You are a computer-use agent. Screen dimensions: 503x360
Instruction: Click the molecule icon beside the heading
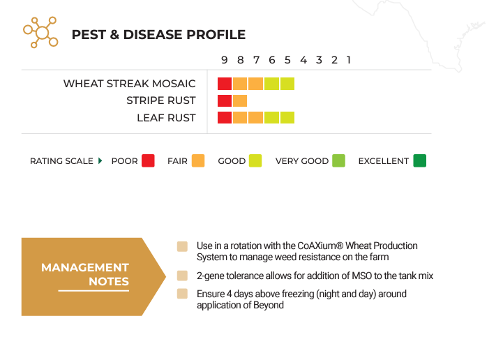(40, 32)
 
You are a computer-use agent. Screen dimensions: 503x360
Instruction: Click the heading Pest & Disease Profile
(158, 35)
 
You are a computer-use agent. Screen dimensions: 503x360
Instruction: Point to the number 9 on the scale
(225, 60)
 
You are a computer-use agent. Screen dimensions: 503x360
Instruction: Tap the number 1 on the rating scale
(349, 60)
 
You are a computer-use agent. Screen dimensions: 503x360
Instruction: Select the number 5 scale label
(287, 60)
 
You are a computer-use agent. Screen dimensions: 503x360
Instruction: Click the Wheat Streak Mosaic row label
(129, 84)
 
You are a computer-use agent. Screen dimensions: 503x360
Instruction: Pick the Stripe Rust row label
(160, 100)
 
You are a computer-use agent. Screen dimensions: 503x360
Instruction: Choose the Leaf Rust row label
(166, 118)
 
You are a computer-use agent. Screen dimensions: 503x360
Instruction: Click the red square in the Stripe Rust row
(225, 100)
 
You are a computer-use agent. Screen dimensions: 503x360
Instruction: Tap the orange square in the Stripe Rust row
(240, 100)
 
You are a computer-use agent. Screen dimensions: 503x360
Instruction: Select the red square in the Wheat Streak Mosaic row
(225, 84)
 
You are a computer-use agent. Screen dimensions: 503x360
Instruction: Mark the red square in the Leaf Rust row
(225, 118)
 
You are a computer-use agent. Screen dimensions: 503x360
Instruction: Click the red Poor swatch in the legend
(148, 160)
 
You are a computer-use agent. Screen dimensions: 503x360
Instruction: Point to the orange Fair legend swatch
(198, 160)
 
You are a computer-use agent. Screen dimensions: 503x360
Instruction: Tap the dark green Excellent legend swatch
(419, 160)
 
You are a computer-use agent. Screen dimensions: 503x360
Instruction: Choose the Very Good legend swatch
(339, 160)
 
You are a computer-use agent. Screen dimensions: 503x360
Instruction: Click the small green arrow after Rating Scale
(100, 160)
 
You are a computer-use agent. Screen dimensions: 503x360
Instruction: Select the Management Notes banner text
(85, 274)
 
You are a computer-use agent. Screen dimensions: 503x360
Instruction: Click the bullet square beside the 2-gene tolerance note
(182, 276)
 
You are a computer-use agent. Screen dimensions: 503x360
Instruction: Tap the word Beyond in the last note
(269, 305)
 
